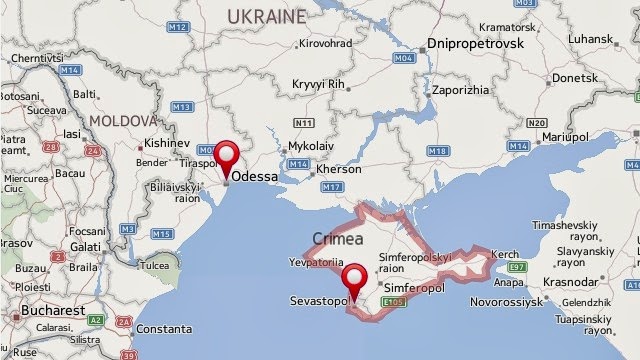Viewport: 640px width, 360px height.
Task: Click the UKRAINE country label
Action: coord(265,17)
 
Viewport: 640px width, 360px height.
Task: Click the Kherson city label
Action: coord(338,170)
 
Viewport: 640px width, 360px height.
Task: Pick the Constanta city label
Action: coord(163,328)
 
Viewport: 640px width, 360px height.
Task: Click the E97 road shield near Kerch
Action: coord(516,269)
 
